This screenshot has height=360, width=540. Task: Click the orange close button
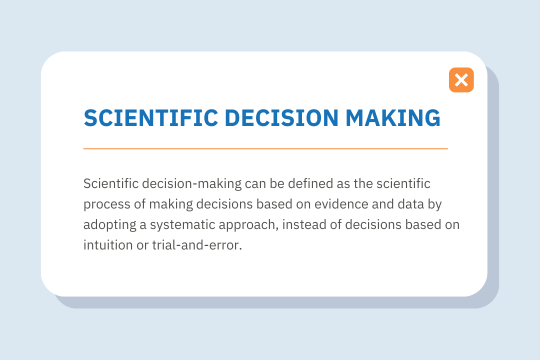pos(461,80)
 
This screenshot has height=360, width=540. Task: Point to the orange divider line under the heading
pos(265,148)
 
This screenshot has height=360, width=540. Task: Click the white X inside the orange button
pos(461,80)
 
